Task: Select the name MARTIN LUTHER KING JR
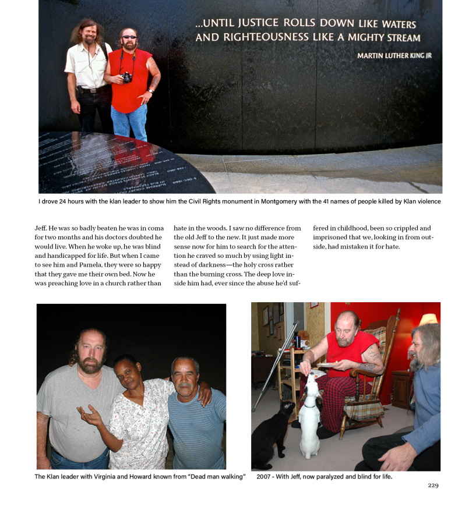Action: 394,55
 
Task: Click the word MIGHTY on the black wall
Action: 362,38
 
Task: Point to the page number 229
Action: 432,485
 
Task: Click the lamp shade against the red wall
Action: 428,318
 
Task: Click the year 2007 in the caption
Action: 266,477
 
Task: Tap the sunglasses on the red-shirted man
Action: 129,37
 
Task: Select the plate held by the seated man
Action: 327,364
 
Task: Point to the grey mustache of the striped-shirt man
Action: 185,385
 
